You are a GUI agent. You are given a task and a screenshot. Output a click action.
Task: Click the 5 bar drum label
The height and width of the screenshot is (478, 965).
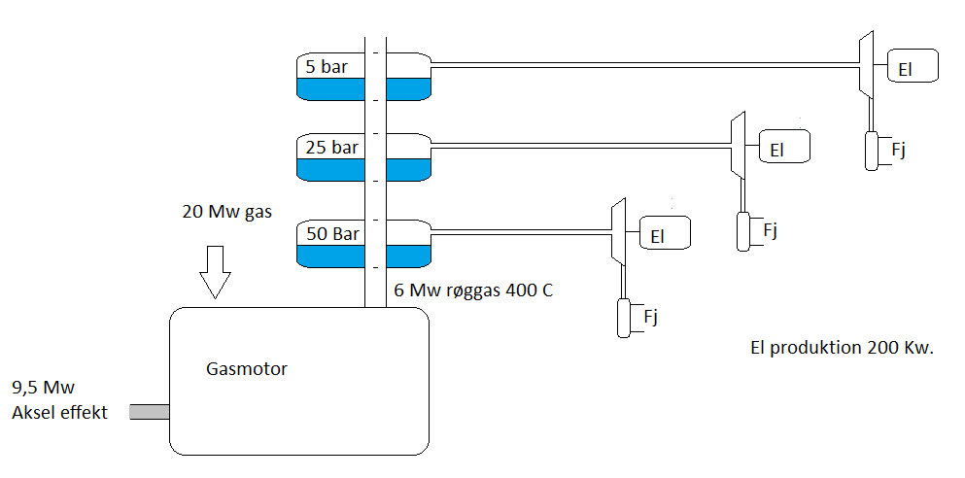(x=327, y=67)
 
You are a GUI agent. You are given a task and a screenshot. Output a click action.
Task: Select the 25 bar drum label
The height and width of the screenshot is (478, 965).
(x=331, y=148)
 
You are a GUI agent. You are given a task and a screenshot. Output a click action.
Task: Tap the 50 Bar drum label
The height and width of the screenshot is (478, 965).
(x=332, y=234)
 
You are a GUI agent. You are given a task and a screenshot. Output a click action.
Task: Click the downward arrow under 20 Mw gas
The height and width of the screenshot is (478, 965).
(x=215, y=271)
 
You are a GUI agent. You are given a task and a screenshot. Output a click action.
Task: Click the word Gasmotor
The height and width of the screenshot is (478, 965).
(x=247, y=368)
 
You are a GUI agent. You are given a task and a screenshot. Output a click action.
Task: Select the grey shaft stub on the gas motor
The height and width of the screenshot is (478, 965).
(x=149, y=412)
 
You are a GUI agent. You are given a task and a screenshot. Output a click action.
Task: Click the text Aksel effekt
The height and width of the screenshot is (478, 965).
(x=59, y=413)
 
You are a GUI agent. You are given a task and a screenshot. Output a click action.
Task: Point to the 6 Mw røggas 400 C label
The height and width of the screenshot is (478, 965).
(x=473, y=290)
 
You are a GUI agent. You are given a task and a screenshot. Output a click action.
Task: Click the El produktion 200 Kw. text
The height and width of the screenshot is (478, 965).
(x=842, y=348)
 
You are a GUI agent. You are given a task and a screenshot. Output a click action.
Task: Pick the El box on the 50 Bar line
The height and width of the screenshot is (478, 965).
(x=665, y=233)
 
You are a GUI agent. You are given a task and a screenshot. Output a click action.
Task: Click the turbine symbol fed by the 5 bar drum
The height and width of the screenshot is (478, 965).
(x=865, y=64)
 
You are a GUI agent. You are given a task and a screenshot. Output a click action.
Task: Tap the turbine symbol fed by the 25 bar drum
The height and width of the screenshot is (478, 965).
(x=738, y=146)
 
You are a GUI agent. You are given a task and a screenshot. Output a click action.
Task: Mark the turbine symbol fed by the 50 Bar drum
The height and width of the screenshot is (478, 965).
(x=617, y=232)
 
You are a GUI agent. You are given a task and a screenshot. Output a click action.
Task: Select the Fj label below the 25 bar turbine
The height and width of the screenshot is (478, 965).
(x=770, y=230)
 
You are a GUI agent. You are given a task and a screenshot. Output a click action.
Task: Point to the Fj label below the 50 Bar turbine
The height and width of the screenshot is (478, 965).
(x=651, y=315)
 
